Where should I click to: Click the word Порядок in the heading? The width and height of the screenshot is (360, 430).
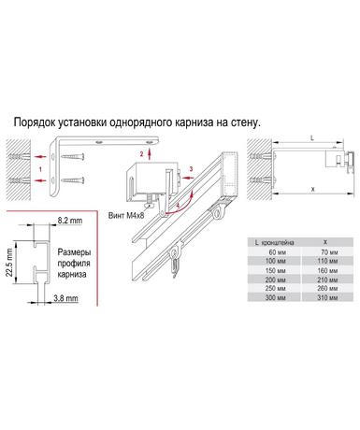click(34, 122)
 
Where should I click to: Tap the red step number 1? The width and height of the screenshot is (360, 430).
click(40, 169)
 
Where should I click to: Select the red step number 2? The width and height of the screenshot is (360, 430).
click(141, 153)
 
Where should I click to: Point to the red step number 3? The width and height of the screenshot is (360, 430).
click(191, 168)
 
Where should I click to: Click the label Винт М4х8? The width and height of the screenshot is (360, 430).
click(126, 215)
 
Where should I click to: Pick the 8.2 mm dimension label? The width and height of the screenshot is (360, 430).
click(70, 221)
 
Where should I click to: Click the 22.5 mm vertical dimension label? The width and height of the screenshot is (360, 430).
click(9, 262)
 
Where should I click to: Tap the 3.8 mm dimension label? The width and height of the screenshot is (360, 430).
click(65, 298)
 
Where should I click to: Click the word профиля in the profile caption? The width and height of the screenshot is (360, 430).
click(74, 264)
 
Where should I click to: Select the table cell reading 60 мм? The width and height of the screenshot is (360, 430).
click(275, 252)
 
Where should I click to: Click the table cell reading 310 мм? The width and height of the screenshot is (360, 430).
click(327, 297)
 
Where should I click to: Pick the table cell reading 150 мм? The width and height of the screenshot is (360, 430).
click(275, 270)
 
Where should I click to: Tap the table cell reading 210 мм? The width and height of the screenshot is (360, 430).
click(327, 279)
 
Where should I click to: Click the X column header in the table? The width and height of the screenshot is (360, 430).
click(325, 242)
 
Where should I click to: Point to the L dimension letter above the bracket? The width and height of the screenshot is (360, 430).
click(312, 138)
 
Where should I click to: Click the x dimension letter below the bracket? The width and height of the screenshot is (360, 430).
click(313, 189)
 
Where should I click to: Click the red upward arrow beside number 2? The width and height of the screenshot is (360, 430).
click(150, 153)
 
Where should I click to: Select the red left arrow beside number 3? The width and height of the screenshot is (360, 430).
click(187, 178)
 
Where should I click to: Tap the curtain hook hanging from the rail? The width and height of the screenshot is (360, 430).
click(175, 261)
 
